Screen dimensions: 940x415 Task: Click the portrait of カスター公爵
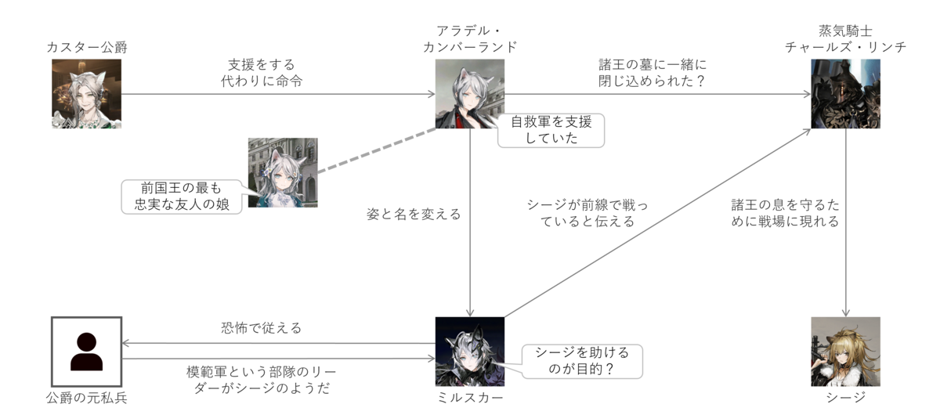click(86, 94)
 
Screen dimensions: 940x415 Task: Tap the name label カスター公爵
click(86, 48)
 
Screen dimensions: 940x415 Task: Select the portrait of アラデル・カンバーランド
click(470, 94)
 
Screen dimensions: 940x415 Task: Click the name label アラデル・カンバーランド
click(470, 39)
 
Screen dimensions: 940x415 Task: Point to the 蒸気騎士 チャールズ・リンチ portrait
click(846, 94)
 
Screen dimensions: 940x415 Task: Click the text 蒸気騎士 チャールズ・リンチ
click(846, 39)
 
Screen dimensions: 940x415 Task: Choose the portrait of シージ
click(846, 352)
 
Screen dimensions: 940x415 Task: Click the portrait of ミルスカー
click(470, 352)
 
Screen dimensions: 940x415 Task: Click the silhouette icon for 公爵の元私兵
click(86, 352)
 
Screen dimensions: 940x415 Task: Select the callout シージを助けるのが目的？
click(581, 361)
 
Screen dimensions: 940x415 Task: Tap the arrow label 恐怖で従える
click(262, 328)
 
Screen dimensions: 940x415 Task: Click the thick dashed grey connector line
click(376, 152)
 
